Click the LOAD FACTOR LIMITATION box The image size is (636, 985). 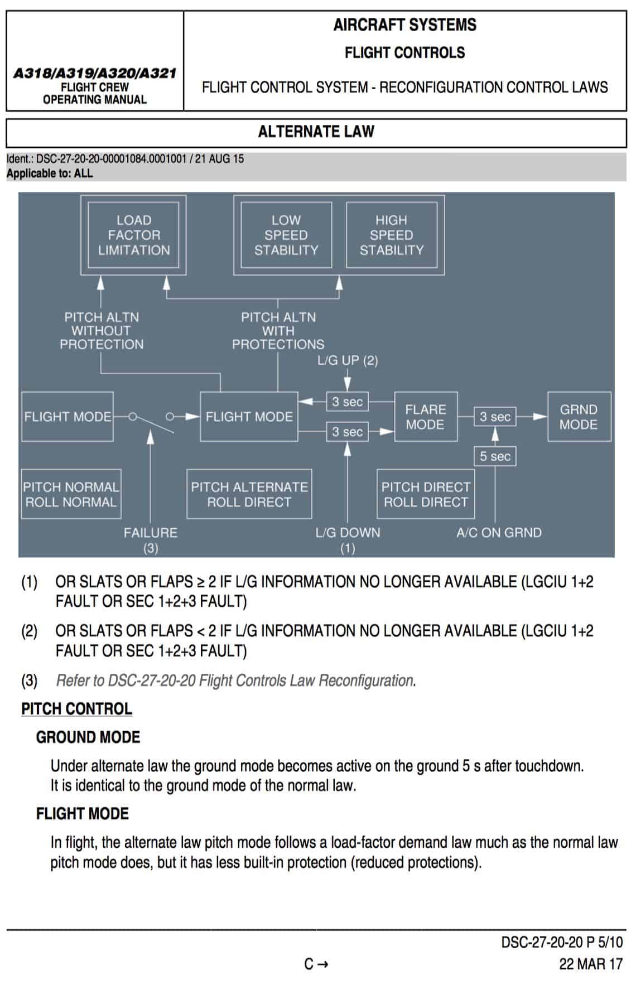(134, 235)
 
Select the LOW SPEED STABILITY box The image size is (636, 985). (286, 235)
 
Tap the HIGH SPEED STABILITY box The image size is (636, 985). (392, 235)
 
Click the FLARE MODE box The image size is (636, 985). (426, 417)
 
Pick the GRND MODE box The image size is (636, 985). (579, 417)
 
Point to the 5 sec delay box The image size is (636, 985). (495, 456)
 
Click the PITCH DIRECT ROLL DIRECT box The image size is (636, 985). (426, 495)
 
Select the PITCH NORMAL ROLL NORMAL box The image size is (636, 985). (71, 495)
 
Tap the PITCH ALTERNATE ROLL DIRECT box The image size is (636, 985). (249, 495)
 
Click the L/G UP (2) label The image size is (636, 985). (348, 361)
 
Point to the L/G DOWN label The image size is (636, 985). (348, 533)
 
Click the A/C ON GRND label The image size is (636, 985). (499, 533)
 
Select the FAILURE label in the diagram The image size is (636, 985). (151, 533)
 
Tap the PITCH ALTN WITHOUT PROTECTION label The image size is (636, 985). (102, 331)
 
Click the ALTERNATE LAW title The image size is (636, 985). (316, 132)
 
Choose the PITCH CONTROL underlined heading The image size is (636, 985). (76, 709)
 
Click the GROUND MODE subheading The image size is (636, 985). (88, 737)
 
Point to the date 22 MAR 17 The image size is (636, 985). (591, 964)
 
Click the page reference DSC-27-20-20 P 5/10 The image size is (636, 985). (562, 943)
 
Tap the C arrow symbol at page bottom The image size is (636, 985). (316, 964)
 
